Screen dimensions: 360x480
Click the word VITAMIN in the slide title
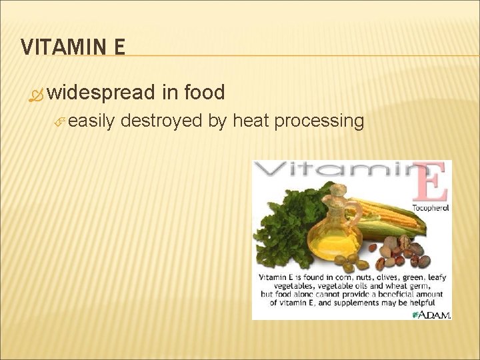[61, 47]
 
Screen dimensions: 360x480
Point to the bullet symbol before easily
[59, 122]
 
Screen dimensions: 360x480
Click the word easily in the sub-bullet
[92, 121]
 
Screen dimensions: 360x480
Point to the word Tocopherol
[430, 208]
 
